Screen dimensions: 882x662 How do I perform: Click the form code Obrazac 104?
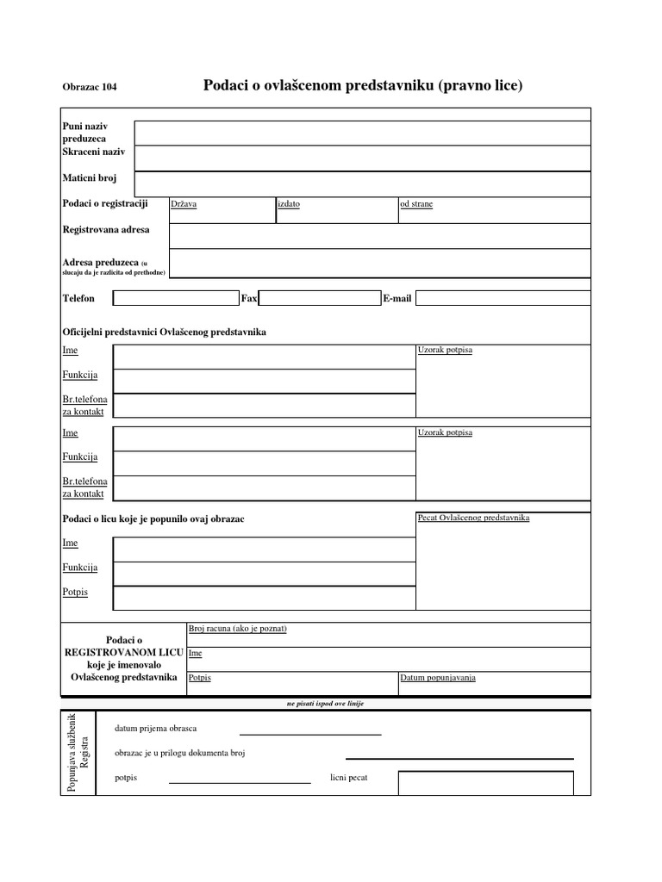(x=90, y=88)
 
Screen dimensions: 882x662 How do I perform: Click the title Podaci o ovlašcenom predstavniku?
(x=363, y=86)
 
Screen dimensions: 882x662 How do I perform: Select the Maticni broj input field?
(x=362, y=183)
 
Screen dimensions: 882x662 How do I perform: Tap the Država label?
(x=184, y=205)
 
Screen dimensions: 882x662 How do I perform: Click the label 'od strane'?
(x=415, y=205)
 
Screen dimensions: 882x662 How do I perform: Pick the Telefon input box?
(x=176, y=298)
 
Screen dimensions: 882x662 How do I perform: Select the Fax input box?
(x=319, y=298)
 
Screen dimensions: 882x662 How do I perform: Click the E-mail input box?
(x=503, y=298)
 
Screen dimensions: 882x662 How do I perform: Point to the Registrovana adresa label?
(x=106, y=230)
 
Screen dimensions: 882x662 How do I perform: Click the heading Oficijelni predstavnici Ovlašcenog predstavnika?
(x=165, y=332)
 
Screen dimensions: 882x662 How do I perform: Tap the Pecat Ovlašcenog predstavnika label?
(x=473, y=518)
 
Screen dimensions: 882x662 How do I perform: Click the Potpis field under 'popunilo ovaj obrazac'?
(x=264, y=598)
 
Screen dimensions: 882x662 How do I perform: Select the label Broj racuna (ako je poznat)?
(x=237, y=629)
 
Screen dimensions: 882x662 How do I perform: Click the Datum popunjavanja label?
(x=438, y=678)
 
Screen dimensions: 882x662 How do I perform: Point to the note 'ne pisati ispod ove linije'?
(x=326, y=704)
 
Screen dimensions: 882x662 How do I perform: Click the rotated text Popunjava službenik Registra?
(x=78, y=752)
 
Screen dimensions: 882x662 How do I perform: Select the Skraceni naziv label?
(x=94, y=152)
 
